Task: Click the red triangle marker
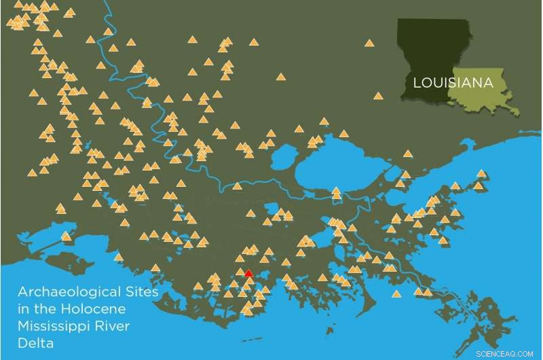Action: pos(248,273)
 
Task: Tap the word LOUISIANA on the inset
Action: pos(452,84)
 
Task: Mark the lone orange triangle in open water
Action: pos(396,294)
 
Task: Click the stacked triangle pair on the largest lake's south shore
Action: pos(336,194)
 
